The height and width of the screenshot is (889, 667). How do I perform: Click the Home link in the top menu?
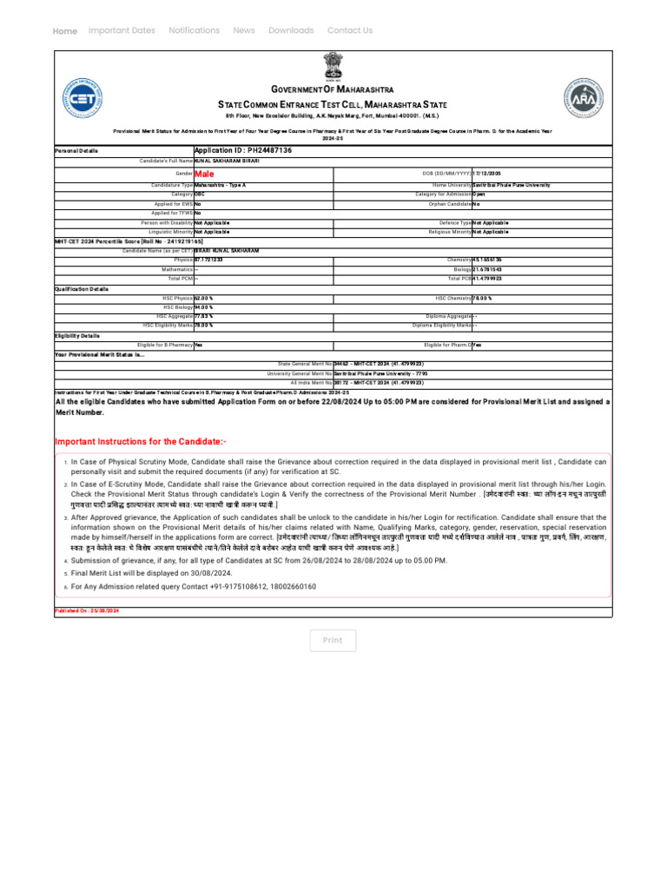point(65,31)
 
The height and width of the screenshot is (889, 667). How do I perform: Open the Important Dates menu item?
point(122,30)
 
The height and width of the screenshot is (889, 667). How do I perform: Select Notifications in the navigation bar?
point(194,30)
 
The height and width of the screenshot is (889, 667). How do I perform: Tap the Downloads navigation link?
point(291,30)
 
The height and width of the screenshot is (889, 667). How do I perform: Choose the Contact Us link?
point(350,30)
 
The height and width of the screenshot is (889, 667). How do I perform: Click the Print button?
point(333,641)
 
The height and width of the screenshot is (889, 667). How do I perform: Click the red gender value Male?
point(204,174)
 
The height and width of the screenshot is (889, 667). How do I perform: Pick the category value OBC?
point(200,194)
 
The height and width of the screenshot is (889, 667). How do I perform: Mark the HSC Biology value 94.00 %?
point(204,307)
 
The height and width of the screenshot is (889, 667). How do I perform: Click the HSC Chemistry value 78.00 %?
point(488,299)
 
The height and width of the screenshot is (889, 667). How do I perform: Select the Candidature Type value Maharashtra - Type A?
point(221,185)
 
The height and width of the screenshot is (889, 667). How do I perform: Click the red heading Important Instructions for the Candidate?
point(141,442)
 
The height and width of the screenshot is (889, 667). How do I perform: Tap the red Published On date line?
point(87,611)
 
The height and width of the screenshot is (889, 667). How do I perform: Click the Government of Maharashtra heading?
point(333,89)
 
